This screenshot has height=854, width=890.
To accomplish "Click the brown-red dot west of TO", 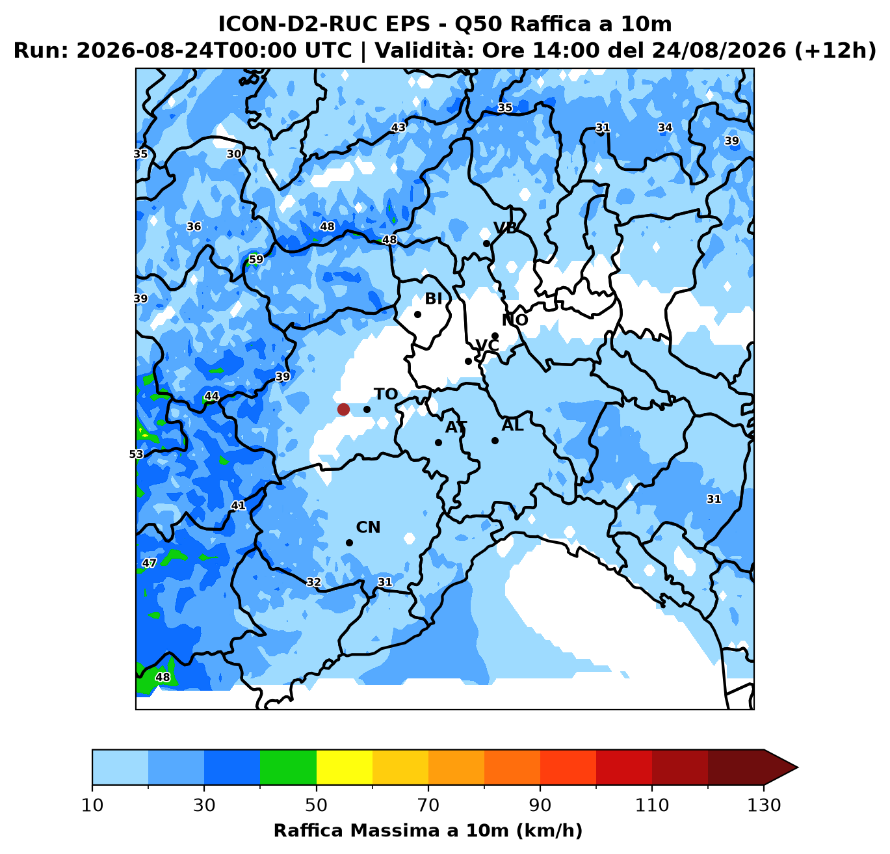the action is pos(343,409).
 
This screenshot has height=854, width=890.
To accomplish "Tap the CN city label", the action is pos(368,527).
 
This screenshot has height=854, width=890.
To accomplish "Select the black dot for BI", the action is pos(417,314).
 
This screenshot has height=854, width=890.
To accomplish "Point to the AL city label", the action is pos(512,425).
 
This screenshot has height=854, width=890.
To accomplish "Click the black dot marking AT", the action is pos(438,442).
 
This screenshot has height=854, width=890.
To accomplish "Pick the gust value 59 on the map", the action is pos(255,260).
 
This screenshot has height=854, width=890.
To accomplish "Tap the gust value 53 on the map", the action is pos(136,454).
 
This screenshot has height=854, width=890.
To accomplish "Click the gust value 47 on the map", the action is pos(149,563).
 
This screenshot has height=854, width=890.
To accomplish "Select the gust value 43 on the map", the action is pos(398,127).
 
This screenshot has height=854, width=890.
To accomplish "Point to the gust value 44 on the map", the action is pos(211,396).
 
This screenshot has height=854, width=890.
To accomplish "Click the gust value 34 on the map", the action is pos(665,127).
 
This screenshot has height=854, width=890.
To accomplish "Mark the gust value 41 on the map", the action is pos(238,505).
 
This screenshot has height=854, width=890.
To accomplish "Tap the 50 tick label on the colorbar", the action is pos(316,805).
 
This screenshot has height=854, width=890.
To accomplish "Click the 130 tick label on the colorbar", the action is pos(763,805).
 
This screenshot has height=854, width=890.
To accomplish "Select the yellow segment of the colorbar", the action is pos(345,767).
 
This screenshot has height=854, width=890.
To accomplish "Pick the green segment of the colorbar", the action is pos(288,767).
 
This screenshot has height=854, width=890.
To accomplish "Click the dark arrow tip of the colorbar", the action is pos(798,767).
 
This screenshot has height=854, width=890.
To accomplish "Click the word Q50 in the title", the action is pos(478,24).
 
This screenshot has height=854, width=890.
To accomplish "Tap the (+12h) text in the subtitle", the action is pos(835,50).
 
